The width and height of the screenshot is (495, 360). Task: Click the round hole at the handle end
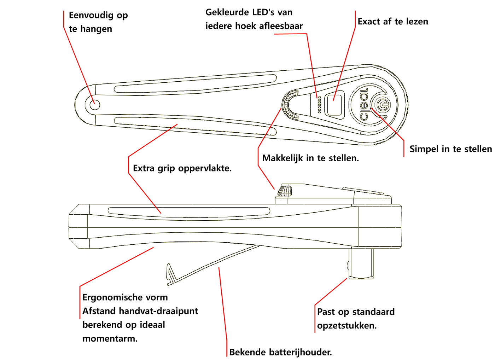95,105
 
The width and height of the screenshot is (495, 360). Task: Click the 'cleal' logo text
364,104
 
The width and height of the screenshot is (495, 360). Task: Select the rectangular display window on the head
334,103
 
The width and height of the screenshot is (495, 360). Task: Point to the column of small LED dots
319,104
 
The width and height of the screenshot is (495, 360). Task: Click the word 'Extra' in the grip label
144,168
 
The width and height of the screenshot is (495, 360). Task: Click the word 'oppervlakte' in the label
205,169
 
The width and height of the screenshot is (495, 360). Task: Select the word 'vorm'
158,297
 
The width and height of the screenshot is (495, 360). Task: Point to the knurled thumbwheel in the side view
285,191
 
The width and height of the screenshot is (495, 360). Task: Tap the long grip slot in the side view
189,211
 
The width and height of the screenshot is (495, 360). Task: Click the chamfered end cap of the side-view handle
78,227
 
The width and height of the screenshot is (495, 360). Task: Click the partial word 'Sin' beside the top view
415,149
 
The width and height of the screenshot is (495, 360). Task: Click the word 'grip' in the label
166,169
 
